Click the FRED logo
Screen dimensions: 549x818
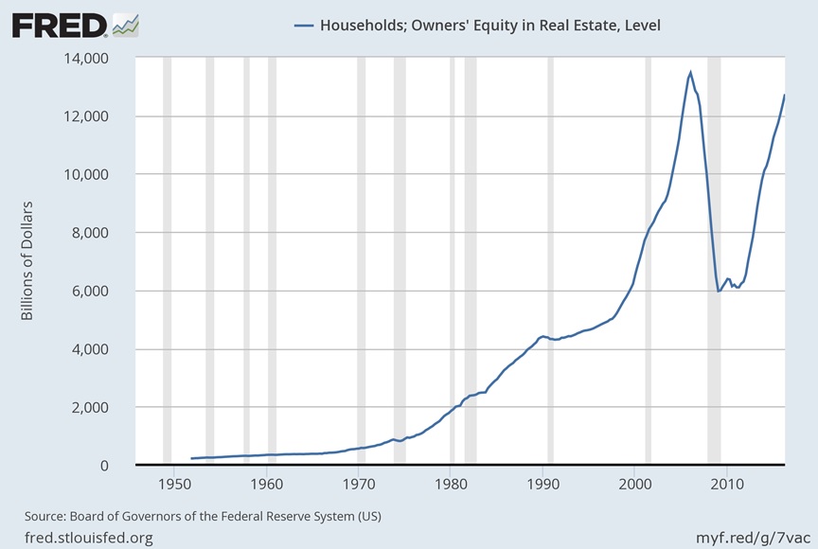[x=59, y=25]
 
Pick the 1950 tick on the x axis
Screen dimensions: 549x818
[x=174, y=485]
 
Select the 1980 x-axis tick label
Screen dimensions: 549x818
[x=451, y=485]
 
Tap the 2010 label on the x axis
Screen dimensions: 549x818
[x=728, y=485]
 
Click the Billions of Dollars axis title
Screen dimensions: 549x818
[x=27, y=260]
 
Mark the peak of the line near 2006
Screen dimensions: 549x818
[x=690, y=72]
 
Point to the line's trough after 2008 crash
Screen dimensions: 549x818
[x=719, y=291]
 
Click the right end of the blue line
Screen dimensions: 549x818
[x=785, y=95]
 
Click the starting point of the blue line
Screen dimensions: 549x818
[x=191, y=458]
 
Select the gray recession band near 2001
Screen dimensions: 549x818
[x=648, y=260]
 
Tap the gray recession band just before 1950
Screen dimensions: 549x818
[x=167, y=260]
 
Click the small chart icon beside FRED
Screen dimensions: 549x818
[x=125, y=24]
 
